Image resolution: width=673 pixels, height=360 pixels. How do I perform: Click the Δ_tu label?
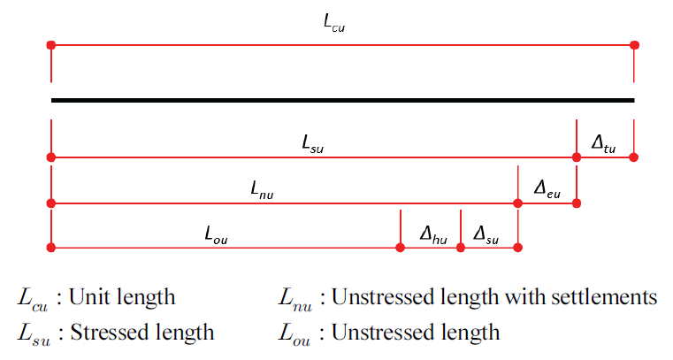point(604,142)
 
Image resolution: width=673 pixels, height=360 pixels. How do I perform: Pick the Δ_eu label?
point(547,188)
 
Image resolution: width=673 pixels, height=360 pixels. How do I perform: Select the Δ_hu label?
point(432,234)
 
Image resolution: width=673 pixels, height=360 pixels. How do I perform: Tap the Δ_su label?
point(486,234)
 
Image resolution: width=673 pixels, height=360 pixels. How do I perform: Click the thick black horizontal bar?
point(342,100)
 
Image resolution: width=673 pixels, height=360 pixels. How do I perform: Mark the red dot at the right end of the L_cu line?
point(634,44)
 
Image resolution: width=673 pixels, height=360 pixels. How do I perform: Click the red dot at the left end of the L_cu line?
point(51,44)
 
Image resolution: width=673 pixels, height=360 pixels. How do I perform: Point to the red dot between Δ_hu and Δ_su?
point(460,249)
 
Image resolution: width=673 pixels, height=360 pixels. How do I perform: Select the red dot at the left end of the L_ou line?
point(51,249)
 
